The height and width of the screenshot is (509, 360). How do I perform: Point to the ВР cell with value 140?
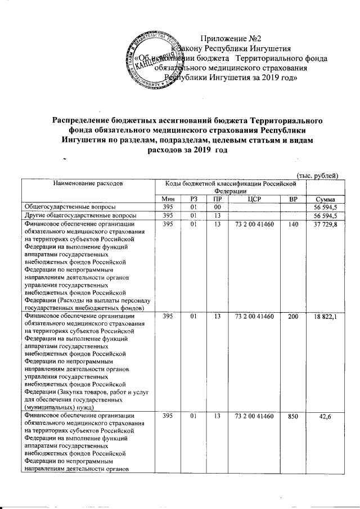click(x=290, y=224)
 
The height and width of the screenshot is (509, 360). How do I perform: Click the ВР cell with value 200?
click(x=290, y=317)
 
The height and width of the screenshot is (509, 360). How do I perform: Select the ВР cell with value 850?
click(x=290, y=416)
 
